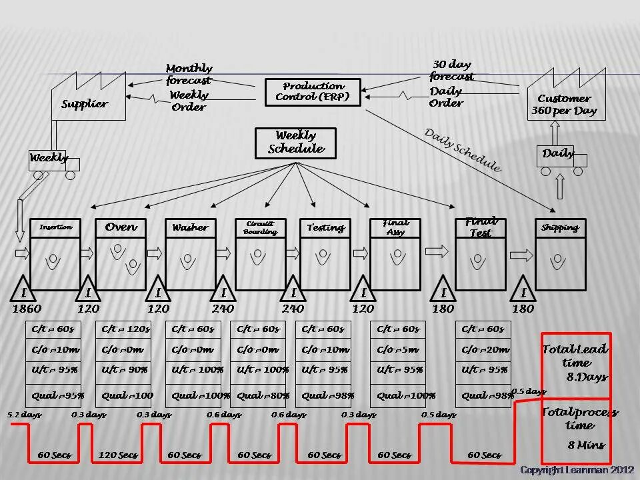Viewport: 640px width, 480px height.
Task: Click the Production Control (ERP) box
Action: point(313,92)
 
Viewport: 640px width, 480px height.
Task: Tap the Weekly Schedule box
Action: point(295,143)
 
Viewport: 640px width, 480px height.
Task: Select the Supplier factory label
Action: point(85,104)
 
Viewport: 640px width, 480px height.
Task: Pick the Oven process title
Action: point(121,227)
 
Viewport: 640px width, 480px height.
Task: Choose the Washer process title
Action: point(190,227)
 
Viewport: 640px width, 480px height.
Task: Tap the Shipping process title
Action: point(560,227)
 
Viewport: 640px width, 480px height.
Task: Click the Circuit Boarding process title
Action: point(260,227)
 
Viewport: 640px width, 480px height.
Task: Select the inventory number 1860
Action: point(26,309)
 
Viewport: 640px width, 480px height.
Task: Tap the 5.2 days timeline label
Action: point(25,415)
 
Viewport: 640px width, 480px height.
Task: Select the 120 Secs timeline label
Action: point(118,455)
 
